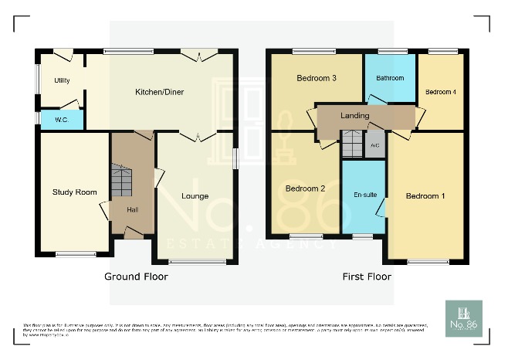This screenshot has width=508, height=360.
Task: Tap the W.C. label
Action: tap(60, 120)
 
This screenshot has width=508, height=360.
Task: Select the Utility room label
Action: tap(62, 80)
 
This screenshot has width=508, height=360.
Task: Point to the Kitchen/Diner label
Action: tap(159, 93)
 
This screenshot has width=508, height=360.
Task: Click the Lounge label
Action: tap(195, 196)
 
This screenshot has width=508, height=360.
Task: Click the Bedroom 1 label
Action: tap(425, 195)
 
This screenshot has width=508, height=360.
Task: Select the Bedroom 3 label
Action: tap(316, 78)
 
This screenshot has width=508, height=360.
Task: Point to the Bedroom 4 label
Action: tap(441, 93)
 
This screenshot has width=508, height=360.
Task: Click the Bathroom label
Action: tap(390, 79)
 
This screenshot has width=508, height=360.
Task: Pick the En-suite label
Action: tap(365, 194)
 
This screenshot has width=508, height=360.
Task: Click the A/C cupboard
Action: tap(374, 144)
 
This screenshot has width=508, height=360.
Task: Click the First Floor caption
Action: tap(367, 276)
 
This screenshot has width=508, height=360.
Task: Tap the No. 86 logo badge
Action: tap(463, 318)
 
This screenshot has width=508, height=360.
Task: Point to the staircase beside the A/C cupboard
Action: tap(352, 144)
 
